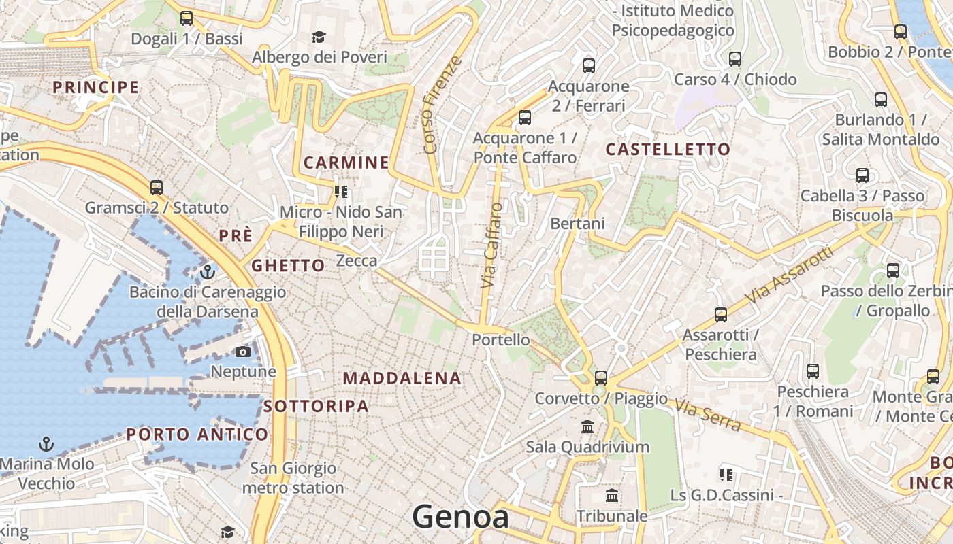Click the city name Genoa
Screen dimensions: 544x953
point(460,517)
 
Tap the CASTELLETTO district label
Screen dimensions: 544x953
point(668,150)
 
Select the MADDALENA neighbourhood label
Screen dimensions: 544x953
point(402,378)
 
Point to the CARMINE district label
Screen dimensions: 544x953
point(346,163)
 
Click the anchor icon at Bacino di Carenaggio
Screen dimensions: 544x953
point(208,272)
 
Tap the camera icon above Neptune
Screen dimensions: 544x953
point(242,352)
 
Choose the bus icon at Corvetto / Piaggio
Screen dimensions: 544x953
point(600,378)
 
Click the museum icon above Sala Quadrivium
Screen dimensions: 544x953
point(587,427)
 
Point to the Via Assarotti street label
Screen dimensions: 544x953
point(790,275)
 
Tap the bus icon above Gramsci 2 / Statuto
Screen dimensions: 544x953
point(157,187)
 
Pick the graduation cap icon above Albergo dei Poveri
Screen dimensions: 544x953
point(319,37)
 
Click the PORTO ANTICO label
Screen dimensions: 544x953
point(197,435)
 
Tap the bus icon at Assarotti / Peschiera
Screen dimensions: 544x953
point(721,315)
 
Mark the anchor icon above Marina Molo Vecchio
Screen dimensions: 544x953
point(46,445)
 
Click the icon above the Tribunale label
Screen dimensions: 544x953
point(612,496)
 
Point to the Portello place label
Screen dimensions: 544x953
point(501,339)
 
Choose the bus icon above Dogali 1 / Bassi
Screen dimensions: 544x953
point(187,18)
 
